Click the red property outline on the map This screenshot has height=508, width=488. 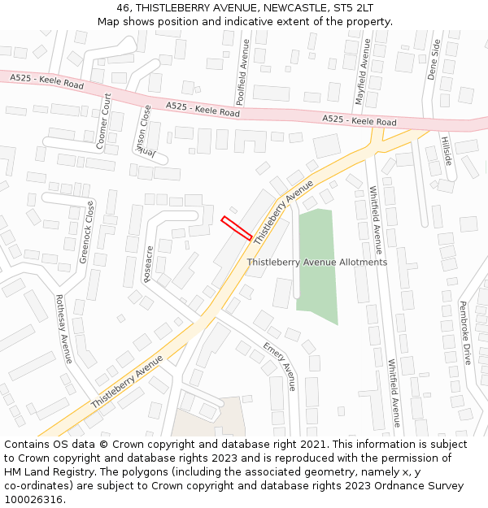click(237, 228)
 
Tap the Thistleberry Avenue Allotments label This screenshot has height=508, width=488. click(317, 263)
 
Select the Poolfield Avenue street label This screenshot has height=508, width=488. click(242, 72)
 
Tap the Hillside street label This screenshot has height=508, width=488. click(446, 150)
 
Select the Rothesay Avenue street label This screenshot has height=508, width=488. click(63, 328)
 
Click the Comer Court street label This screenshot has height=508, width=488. click(104, 121)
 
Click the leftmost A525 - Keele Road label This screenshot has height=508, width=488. click(47, 81)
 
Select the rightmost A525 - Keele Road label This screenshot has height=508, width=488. click(359, 120)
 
